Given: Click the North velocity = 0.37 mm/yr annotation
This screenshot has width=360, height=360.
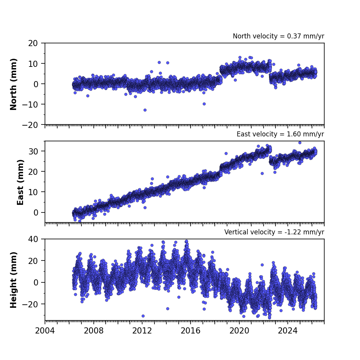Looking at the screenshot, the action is (x=279, y=36).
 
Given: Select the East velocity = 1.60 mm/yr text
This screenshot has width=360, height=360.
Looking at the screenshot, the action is (x=280, y=134).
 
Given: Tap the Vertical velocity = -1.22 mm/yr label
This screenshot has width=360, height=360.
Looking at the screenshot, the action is (x=274, y=232).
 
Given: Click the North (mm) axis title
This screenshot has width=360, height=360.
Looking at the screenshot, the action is (x=13, y=84).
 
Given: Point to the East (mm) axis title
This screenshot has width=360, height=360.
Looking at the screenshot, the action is (x=20, y=182).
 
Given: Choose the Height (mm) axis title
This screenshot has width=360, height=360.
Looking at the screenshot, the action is (x=13, y=280).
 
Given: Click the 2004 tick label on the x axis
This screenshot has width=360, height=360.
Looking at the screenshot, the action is (x=45, y=331).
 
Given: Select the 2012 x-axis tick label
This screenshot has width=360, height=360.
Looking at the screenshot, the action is (x=142, y=331).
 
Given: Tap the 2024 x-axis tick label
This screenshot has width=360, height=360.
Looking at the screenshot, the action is (x=288, y=331).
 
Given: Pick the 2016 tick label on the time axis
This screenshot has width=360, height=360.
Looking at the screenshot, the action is (x=191, y=331).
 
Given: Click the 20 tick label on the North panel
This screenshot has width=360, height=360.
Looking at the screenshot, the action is (x=33, y=43).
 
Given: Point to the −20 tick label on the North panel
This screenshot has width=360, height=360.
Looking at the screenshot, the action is (x=30, y=125).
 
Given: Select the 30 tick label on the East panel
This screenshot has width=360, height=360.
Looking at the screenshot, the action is (x=33, y=151).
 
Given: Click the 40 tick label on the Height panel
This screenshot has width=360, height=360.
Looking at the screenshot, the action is (x=33, y=239).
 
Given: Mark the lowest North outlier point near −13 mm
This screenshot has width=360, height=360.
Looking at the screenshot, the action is (x=145, y=110).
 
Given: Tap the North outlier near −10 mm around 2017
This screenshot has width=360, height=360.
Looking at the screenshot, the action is (x=204, y=104).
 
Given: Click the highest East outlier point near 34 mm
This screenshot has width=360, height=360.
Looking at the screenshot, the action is (x=300, y=143).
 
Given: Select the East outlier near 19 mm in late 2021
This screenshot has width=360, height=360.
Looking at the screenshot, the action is (x=262, y=174).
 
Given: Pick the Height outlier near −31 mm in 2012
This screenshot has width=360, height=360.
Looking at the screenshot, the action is (x=143, y=316).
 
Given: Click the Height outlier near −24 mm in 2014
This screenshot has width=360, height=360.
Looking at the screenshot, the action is (x=168, y=309).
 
